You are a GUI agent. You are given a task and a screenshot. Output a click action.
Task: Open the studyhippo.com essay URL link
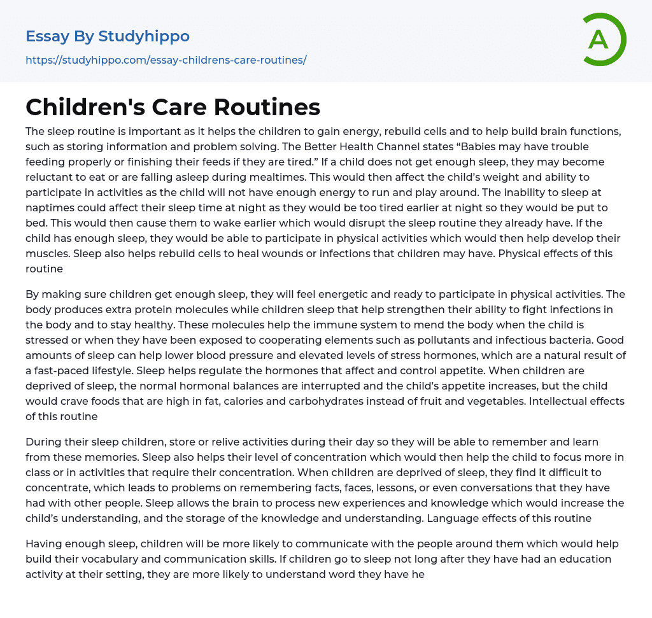pos(166,60)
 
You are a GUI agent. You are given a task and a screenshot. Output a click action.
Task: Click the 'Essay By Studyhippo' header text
pos(107,36)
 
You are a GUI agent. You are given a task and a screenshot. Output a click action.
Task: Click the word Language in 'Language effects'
pos(453,518)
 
